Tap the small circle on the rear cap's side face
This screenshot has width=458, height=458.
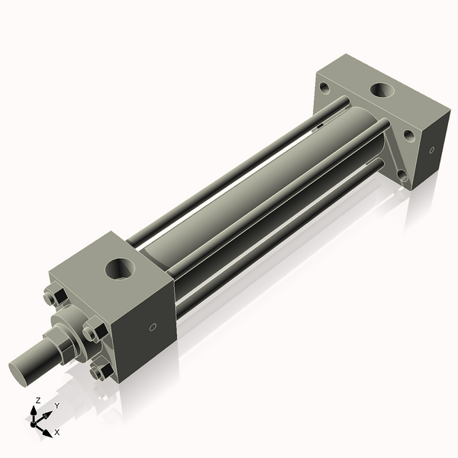pyautogui.click(x=431, y=150)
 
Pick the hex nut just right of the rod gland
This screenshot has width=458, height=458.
pyautogui.click(x=92, y=332)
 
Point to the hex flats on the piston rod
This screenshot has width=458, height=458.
pyautogui.click(x=61, y=348)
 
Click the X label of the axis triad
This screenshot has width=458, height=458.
pyautogui.click(x=57, y=433)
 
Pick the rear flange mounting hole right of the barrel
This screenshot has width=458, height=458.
pyautogui.click(x=409, y=135)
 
